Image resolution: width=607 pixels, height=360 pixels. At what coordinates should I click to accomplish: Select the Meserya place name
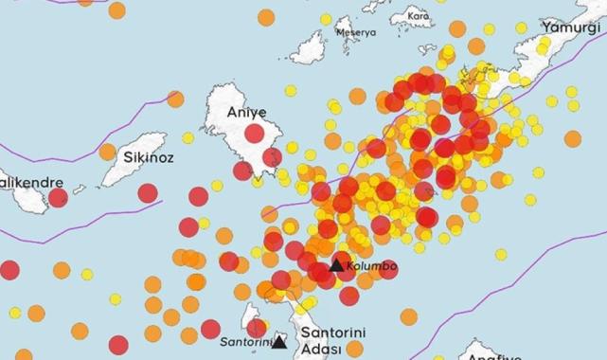356,32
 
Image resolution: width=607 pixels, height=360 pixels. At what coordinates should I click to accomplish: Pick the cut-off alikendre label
31,181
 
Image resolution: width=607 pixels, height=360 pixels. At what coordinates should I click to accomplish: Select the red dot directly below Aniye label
254,135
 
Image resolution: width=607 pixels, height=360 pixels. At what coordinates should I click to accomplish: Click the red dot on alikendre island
58,198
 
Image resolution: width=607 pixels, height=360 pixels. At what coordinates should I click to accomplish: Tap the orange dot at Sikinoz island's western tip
107,152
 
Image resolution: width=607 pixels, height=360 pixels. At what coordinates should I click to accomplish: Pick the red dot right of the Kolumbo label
387,271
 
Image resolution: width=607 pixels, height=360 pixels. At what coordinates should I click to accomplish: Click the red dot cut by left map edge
8,269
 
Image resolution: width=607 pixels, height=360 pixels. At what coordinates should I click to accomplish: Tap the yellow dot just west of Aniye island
187,137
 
